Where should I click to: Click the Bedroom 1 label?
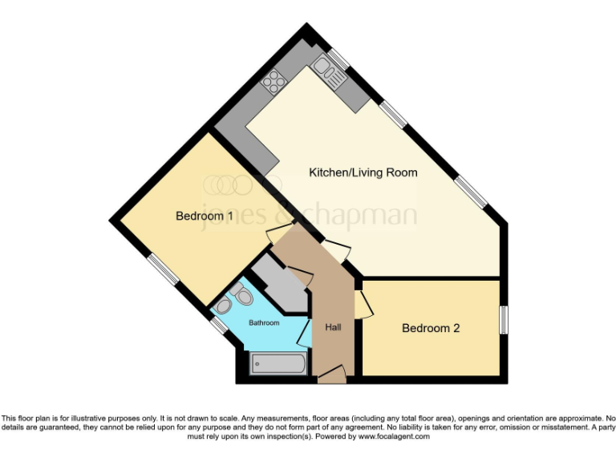(x=205, y=216)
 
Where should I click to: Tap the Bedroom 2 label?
(x=431, y=327)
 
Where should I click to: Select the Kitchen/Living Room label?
(x=363, y=172)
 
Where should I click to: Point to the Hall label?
(x=334, y=327)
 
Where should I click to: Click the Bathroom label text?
(x=263, y=323)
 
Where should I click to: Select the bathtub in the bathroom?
(x=278, y=364)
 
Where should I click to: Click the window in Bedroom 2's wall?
(x=503, y=319)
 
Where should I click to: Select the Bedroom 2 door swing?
(x=365, y=303)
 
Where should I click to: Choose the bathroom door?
(x=305, y=331)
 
